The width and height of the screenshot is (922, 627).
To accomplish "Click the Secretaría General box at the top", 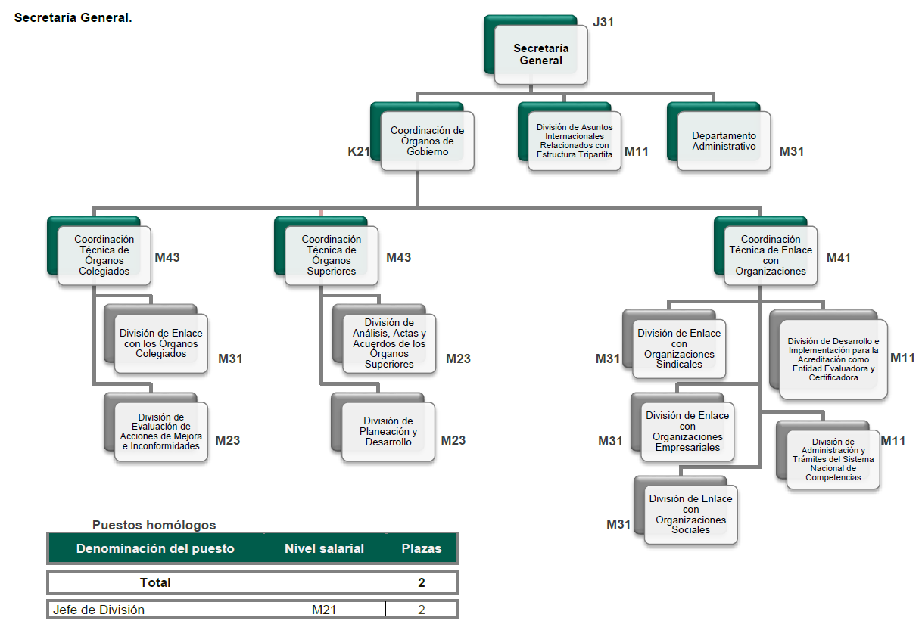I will click(x=540, y=54).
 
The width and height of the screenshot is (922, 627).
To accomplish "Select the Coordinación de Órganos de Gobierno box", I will click(x=427, y=141).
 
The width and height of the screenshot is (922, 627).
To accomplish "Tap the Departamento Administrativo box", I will click(x=724, y=141).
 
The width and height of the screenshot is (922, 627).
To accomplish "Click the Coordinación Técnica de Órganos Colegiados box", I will click(x=104, y=256).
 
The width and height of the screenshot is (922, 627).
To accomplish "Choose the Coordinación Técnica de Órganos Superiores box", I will click(x=331, y=256).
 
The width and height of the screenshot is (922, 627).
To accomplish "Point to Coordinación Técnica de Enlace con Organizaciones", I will click(x=770, y=256).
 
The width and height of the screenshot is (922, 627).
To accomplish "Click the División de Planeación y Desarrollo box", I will click(x=388, y=431).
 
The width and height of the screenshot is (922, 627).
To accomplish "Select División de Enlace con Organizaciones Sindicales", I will click(x=679, y=349).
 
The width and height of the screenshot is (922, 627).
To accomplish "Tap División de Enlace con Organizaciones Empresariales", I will click(x=687, y=431).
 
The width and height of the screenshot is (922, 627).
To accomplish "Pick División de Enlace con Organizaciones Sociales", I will click(x=690, y=514).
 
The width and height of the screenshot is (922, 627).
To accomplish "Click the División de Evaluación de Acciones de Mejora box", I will click(x=160, y=431).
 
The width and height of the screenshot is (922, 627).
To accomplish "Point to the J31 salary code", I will click(x=603, y=22).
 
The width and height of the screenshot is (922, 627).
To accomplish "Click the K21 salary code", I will click(x=358, y=151).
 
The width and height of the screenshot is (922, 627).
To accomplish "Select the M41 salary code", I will click(x=838, y=258).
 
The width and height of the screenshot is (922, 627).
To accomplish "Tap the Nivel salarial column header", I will click(x=324, y=548).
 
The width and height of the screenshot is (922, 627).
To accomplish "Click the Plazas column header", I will click(x=421, y=548).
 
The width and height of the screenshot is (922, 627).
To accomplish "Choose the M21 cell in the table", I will click(x=324, y=610).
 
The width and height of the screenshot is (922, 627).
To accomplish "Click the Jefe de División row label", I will click(x=98, y=610).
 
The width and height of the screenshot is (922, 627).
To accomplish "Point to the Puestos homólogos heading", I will click(x=154, y=525).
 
